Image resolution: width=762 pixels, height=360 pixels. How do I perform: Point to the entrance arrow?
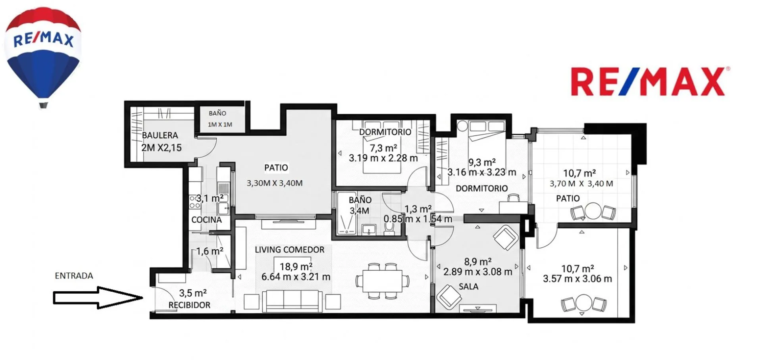(98, 297)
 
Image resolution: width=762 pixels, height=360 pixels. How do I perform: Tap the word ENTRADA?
(74, 275)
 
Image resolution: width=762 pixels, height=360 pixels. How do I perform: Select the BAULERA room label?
(160, 135)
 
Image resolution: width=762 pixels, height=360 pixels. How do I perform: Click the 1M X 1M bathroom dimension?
(220, 124)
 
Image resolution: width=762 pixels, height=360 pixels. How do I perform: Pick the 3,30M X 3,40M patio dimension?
(275, 183)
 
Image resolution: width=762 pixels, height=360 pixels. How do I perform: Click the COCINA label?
(206, 219)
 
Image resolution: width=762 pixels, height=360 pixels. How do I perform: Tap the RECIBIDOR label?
(189, 305)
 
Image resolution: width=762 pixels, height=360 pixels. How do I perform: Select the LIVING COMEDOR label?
(290, 250)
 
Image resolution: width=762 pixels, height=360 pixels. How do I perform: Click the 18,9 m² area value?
(296, 266)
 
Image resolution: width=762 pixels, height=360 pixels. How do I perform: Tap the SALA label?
(468, 286)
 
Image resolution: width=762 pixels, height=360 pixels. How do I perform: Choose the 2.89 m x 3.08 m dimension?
(478, 272)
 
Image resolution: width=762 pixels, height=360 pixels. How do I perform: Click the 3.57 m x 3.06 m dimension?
(577, 279)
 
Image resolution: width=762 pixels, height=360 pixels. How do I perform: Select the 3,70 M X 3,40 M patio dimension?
(581, 183)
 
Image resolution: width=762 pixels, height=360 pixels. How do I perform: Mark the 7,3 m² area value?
(383, 148)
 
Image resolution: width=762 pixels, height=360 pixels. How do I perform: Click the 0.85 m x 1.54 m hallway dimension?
(418, 219)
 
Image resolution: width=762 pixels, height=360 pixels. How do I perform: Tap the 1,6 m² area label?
(210, 251)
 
